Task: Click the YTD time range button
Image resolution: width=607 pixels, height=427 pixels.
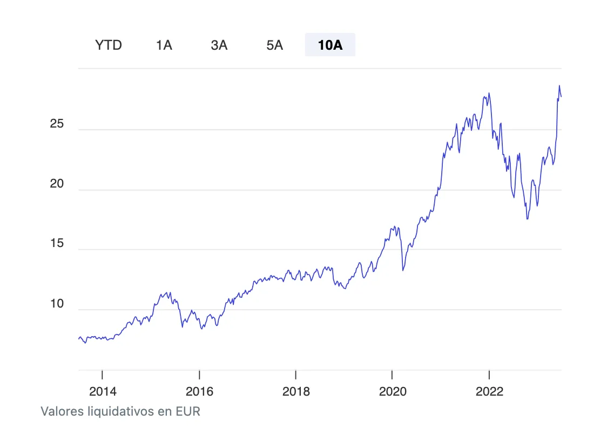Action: pos(109,45)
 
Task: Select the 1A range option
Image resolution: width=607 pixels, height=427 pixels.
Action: pos(164,45)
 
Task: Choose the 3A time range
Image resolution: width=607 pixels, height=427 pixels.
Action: pos(219,45)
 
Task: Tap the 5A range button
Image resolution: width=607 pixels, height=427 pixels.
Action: pos(274,45)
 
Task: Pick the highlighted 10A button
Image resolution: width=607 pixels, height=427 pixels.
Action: pos(330,45)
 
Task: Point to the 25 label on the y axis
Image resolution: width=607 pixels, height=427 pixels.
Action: pos(57,124)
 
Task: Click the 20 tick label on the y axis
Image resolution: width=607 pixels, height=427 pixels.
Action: pos(57,184)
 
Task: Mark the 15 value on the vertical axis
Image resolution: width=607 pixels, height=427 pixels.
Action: pos(57,244)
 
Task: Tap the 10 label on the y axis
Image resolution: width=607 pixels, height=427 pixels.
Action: pos(57,304)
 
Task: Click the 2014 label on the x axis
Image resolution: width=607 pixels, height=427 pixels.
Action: pos(103,391)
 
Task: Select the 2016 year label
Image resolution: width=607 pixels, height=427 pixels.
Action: pos(199,391)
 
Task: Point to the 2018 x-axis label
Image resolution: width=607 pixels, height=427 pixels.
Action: pos(296,391)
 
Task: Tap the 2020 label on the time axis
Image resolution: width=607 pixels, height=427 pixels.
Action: pos(393,391)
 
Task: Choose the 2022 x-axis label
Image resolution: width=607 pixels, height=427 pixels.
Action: pos(489,391)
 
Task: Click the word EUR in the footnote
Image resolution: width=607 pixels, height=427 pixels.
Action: pos(187,411)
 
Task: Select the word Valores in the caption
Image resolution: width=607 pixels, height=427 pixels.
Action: pos(62,411)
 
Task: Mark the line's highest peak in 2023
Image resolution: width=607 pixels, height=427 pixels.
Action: pos(559,86)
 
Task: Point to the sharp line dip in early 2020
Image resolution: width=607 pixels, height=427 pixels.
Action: pos(403,270)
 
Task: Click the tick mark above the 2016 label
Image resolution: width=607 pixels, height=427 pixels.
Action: pos(199,374)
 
